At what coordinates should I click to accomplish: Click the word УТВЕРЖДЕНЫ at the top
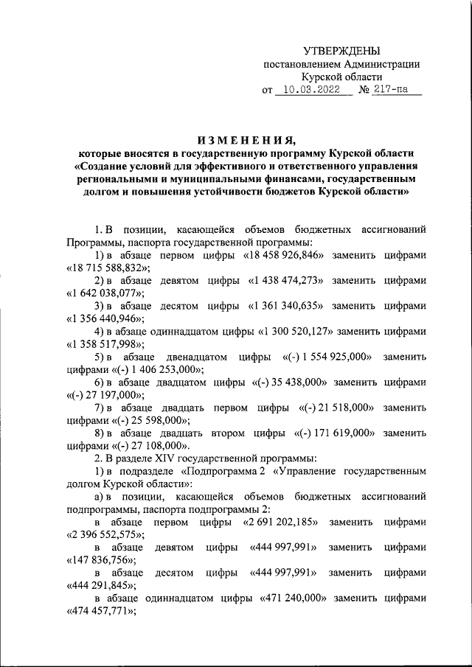tap(342, 50)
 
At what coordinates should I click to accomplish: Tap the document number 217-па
tap(397, 90)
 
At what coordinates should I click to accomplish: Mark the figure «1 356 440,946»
tap(104, 318)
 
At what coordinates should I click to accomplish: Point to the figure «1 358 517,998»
tap(104, 344)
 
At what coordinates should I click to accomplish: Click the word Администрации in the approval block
tap(383, 63)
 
